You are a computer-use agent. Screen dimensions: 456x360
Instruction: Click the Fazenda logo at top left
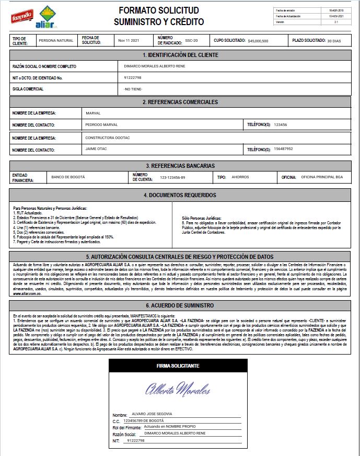22,16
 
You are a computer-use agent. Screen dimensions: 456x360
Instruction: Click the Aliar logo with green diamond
48,18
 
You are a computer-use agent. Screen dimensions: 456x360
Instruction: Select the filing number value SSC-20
192,40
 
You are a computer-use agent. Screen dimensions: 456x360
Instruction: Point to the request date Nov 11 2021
129,40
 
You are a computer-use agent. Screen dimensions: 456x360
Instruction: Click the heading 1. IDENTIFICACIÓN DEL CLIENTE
180,55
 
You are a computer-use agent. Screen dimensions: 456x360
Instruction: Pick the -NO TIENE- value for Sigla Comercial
133,89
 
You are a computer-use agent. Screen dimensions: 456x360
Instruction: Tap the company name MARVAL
93,113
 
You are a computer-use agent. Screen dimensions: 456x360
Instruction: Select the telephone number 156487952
283,149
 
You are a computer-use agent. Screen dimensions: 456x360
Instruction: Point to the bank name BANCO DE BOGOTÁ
68,177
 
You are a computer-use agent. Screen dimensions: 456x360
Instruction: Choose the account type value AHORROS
241,177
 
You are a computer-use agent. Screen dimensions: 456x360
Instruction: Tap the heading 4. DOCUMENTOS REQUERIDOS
180,195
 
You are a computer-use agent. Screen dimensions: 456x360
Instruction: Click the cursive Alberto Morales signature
178,390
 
